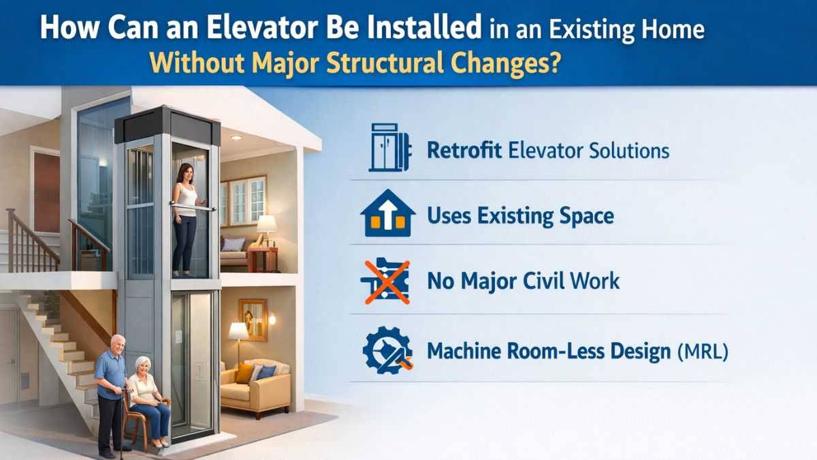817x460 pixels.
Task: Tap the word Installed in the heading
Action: click(x=425, y=27)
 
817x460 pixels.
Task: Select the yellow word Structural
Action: click(x=385, y=63)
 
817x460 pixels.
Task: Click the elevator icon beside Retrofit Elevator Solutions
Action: click(x=389, y=147)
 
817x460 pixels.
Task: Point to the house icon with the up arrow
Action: click(x=387, y=213)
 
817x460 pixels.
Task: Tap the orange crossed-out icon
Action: click(x=386, y=281)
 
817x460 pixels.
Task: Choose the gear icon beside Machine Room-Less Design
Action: click(x=387, y=350)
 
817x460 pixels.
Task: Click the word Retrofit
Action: click(x=464, y=151)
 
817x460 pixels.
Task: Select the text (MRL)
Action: click(x=703, y=351)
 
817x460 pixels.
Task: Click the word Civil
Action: click(x=544, y=280)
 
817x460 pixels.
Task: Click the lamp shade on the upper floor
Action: click(x=267, y=224)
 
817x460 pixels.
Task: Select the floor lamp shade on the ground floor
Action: click(x=238, y=331)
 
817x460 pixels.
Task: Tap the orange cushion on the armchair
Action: click(x=244, y=373)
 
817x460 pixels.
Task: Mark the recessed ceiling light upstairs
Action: click(x=236, y=138)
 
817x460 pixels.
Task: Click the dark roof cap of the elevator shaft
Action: click(x=167, y=125)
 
